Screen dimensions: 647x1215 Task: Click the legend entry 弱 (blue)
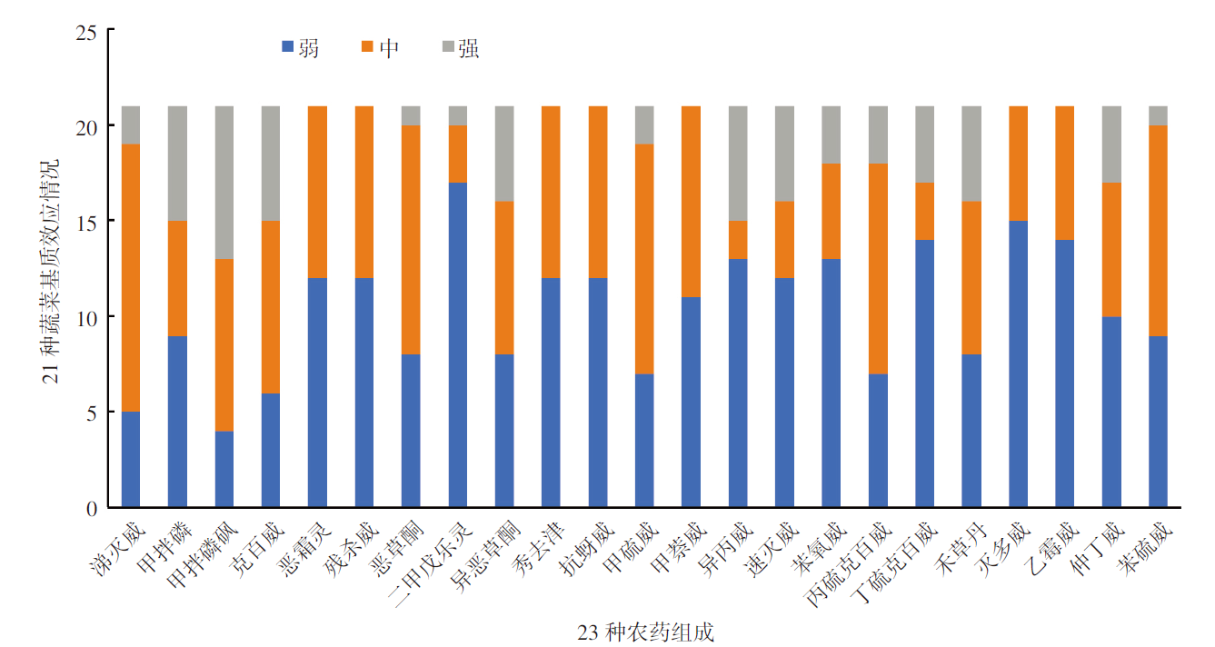301,48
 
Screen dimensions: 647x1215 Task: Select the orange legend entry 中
379,48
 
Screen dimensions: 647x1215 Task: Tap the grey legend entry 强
460,48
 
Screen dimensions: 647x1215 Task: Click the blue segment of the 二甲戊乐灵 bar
458,345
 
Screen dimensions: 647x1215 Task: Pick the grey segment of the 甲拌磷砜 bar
224,183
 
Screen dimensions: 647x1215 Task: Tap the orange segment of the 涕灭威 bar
131,278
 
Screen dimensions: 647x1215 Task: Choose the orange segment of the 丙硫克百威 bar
879,269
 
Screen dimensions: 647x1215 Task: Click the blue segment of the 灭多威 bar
1019,364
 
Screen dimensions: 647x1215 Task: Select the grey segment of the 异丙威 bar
739,164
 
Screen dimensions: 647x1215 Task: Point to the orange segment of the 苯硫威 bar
1159,231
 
